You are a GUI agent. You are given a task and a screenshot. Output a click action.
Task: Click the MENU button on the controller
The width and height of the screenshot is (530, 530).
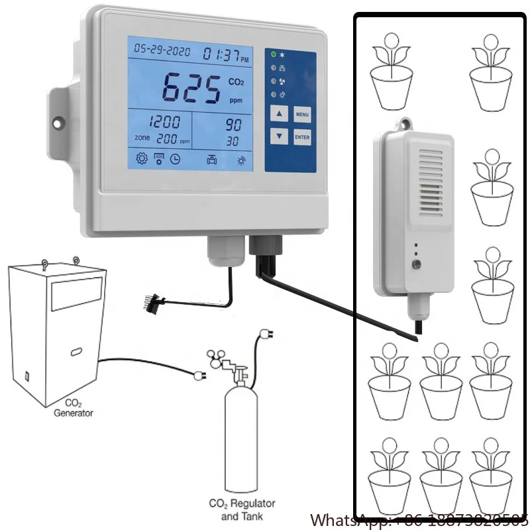point(302,115)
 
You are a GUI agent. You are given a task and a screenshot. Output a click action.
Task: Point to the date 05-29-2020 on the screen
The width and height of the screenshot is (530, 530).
point(162,49)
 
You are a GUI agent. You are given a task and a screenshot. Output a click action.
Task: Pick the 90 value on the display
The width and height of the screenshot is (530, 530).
point(233,124)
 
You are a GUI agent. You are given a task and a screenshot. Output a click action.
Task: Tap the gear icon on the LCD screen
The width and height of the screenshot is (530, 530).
point(141,158)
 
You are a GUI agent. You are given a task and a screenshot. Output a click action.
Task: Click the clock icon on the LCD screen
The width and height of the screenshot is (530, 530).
point(175,158)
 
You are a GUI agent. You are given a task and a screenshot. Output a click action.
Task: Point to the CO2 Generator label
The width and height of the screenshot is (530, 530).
point(73,407)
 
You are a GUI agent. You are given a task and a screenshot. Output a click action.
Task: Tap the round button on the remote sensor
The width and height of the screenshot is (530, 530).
point(416,265)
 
